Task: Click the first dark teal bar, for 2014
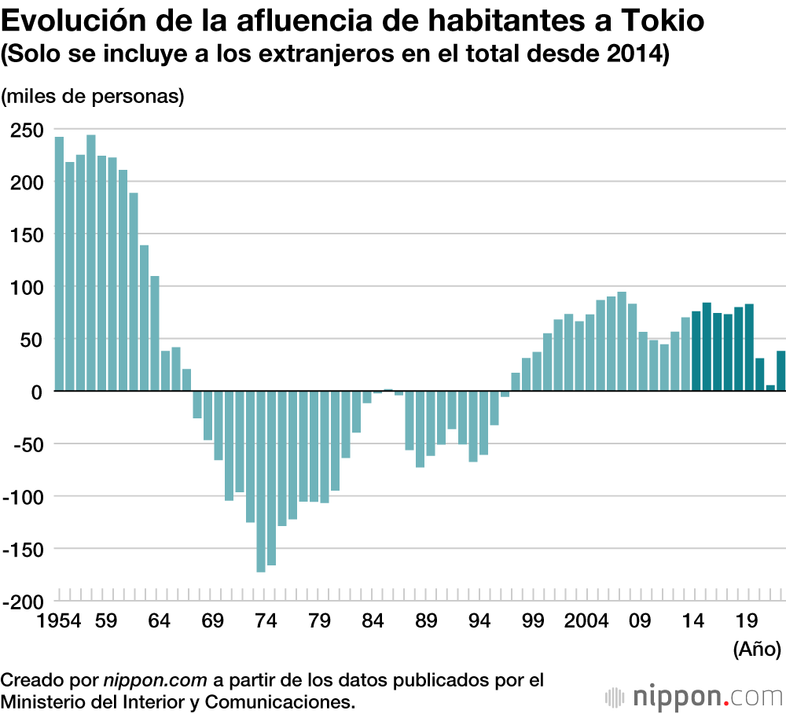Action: (x=696, y=351)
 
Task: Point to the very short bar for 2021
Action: (x=770, y=388)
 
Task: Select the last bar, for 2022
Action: (x=781, y=370)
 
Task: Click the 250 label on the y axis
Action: (x=27, y=130)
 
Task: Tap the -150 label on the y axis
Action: (x=24, y=549)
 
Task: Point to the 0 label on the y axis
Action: (x=37, y=392)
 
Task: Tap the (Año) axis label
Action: (x=756, y=650)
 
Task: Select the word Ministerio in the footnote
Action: (x=46, y=700)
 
